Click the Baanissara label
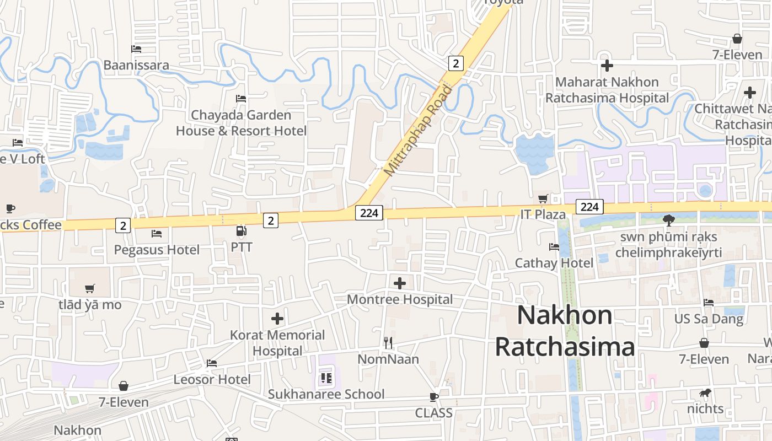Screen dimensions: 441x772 tap(136, 65)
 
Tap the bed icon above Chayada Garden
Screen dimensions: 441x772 tap(241, 99)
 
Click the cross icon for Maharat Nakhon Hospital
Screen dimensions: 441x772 tap(607, 66)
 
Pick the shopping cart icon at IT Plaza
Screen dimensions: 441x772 tap(543, 198)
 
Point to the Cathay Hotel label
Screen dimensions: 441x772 tap(554, 263)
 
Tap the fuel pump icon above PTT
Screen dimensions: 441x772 tap(241, 231)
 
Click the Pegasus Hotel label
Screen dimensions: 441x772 tap(157, 250)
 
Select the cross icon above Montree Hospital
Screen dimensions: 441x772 tap(400, 283)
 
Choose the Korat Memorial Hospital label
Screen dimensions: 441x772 tap(277, 343)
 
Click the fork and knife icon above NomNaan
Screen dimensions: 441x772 tap(388, 343)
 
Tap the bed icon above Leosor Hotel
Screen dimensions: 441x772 tap(212, 363)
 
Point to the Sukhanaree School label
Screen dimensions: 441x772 tap(326, 394)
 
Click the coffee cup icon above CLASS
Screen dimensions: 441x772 tap(434, 397)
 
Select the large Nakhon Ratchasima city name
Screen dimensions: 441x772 tap(565, 331)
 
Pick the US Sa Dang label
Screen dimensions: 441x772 tap(709, 319)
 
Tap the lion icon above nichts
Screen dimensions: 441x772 tap(705, 393)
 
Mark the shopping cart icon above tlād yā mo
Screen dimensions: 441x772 tap(90, 288)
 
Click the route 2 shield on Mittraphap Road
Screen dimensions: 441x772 tap(455, 63)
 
